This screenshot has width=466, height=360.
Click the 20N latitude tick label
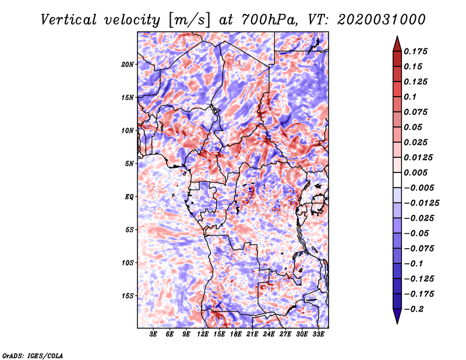[128, 65]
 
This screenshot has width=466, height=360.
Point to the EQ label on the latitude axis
[129, 197]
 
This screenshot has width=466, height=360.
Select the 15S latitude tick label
[128, 296]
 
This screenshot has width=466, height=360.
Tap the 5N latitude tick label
[129, 164]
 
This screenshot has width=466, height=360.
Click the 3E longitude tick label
[153, 334]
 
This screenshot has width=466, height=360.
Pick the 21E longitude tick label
[252, 334]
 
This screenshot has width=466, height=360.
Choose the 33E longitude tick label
[318, 334]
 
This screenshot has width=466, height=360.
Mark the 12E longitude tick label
[203, 334]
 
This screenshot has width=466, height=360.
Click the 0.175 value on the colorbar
[415, 51]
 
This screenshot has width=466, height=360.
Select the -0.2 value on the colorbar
[413, 309]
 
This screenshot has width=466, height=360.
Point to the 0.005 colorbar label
[415, 172]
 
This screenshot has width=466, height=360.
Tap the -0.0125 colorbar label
[421, 203]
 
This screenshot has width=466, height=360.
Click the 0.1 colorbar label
[410, 97]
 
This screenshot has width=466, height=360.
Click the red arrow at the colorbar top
[397, 44]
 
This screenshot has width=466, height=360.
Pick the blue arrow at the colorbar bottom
[397, 316]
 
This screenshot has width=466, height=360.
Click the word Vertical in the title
[69, 20]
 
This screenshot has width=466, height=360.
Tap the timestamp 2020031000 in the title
[382, 20]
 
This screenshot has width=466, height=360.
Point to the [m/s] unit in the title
[189, 20]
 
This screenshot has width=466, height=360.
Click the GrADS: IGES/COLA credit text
[33, 356]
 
